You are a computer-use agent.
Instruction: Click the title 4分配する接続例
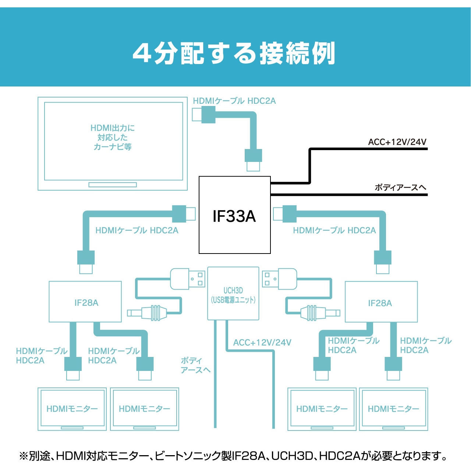234,53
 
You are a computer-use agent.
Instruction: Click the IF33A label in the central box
234,216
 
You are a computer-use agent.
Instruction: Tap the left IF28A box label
86,303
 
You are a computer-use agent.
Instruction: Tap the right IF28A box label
380,303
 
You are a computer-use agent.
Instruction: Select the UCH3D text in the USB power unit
233,290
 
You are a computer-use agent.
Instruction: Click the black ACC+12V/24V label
397,142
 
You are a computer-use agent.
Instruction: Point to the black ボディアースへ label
400,187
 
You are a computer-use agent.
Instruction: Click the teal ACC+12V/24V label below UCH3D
262,343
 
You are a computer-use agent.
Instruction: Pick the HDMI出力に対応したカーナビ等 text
113,137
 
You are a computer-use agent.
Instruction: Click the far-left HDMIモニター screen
72,409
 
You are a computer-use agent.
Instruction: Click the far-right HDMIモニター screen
393,409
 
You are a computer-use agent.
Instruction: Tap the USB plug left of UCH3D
187,279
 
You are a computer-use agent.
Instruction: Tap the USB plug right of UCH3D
280,279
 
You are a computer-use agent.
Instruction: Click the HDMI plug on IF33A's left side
184,214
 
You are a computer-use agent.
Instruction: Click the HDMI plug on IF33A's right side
285,214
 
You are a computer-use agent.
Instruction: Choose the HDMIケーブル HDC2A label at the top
234,101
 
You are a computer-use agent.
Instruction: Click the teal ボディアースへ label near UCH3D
195,365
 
